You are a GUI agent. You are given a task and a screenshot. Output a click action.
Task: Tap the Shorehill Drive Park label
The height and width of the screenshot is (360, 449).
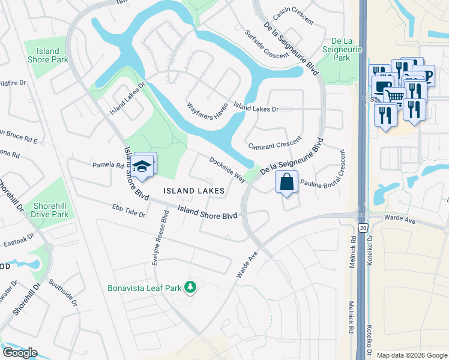[51, 209]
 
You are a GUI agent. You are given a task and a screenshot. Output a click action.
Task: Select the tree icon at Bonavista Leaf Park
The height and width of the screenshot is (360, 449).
[190, 287]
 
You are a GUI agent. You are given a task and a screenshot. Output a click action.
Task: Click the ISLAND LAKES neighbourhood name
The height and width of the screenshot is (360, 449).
[194, 191]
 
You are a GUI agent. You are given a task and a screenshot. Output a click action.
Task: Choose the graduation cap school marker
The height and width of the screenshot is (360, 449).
[142, 167]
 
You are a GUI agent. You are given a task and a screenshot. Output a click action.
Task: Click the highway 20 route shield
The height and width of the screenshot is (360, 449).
[363, 228]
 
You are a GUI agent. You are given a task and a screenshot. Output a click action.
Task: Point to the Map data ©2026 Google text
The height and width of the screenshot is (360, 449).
[412, 355]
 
